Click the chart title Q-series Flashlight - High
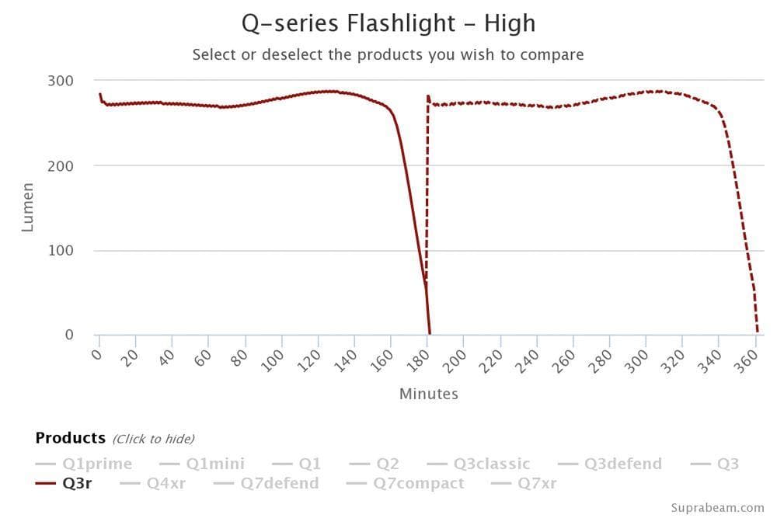[x=388, y=23]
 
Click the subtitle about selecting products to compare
[x=388, y=54]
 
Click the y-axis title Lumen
[x=28, y=207]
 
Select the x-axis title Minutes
[x=428, y=394]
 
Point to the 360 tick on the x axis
[x=746, y=361]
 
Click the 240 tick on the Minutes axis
[x=528, y=361]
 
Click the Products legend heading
[x=70, y=438]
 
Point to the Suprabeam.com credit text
[x=717, y=507]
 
